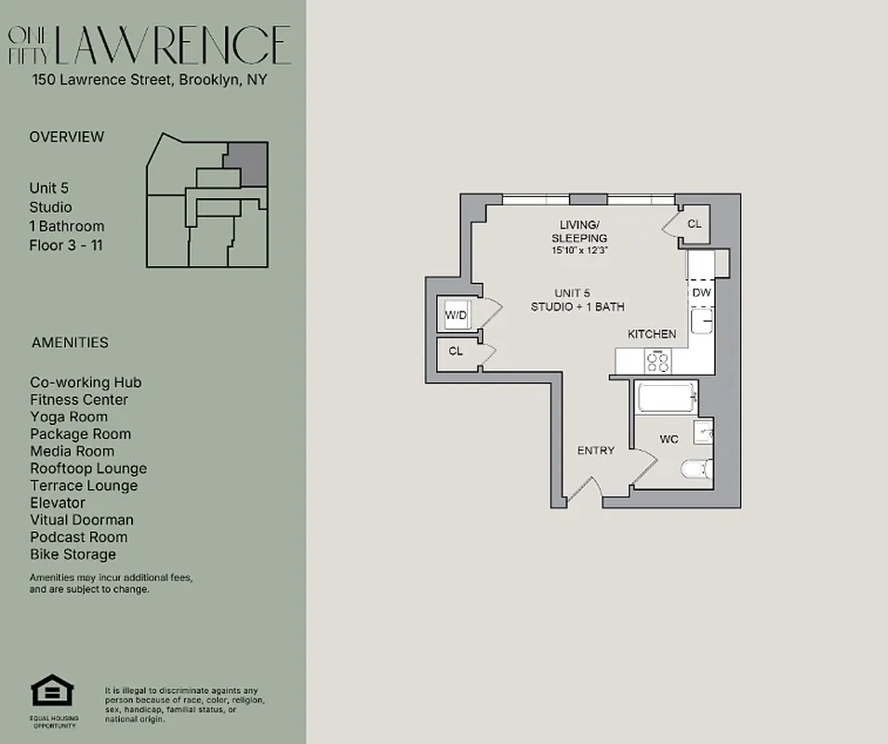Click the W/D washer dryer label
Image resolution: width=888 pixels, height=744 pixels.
456,315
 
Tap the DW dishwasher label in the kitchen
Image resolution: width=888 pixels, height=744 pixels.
701,293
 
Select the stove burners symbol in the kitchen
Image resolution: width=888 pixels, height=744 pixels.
658,360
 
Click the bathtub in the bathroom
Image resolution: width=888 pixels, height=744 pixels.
665,399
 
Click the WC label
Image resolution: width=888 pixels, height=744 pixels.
669,438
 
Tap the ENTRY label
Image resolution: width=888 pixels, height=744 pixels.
595,451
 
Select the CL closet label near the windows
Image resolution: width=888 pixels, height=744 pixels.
695,224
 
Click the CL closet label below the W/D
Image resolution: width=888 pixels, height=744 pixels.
456,352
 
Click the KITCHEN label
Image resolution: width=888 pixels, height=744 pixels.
652,334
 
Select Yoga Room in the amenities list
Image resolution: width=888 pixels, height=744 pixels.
69,417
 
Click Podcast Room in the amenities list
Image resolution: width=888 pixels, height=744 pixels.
79,537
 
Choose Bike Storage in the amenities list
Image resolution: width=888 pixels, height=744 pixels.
73,554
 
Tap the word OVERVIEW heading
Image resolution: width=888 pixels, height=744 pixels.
67,137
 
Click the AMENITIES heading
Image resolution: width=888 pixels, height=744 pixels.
70,342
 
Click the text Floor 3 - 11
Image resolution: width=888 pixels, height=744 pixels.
66,245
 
